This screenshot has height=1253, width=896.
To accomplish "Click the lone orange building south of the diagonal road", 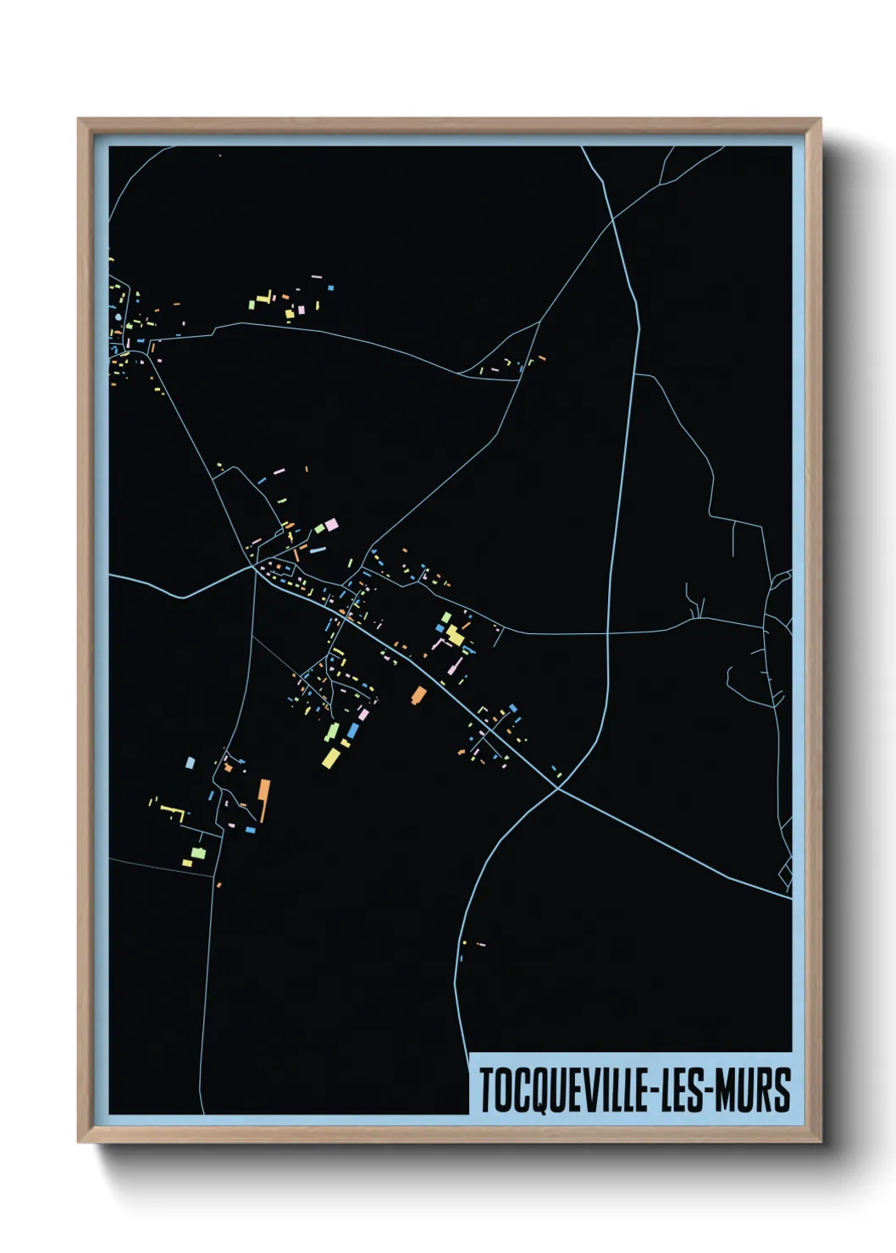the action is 418,695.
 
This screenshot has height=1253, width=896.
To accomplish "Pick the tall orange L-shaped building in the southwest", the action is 264,800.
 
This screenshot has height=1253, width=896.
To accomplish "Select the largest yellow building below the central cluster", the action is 330,758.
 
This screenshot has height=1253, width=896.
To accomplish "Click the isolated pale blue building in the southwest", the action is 190,763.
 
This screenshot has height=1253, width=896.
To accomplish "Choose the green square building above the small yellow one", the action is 198,852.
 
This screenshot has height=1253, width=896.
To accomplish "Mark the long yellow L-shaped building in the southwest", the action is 173,812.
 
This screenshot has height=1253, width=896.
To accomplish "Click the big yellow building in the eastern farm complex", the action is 456,635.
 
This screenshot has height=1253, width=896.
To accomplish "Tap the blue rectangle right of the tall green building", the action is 352,730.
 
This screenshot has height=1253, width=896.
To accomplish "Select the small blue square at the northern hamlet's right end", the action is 330,288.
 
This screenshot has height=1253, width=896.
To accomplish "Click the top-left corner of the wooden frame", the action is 80,120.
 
